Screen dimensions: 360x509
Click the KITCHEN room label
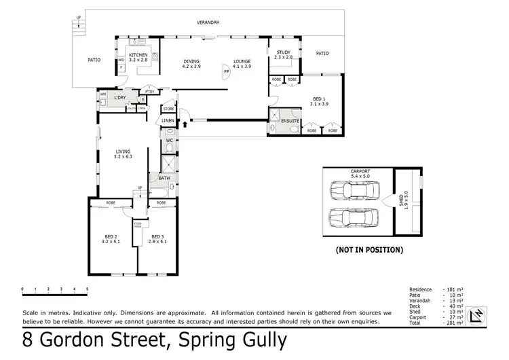(138, 55)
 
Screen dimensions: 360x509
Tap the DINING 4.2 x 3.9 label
(191, 64)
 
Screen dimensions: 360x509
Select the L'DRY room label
(121, 98)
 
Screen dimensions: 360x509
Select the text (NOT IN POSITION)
(369, 250)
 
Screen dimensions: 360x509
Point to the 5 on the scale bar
(87, 289)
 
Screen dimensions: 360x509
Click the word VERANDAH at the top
(209, 22)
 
